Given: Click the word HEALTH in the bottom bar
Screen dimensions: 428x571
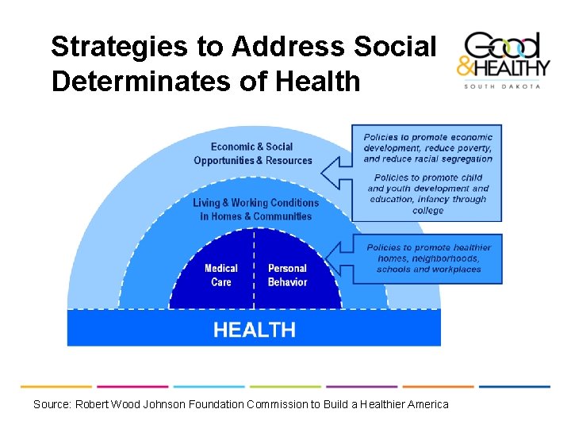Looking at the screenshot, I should pos(254,330).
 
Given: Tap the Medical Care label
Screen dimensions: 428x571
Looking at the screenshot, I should pos(220,275).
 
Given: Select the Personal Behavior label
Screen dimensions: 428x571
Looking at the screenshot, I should pos(287,275).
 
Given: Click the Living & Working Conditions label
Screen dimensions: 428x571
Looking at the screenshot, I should pos(255,209).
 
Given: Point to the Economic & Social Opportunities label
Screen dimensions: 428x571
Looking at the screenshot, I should pos(253,154).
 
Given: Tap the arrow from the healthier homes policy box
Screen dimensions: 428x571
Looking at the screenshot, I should pos(342,257).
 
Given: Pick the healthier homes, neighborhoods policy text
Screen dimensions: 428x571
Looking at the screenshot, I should pos(428,258).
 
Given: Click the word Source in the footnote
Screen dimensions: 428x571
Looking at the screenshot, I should pos(52,404).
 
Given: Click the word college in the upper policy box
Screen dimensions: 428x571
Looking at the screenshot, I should pos(428,211).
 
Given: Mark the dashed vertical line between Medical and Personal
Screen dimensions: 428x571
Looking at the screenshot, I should pos(254,269).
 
